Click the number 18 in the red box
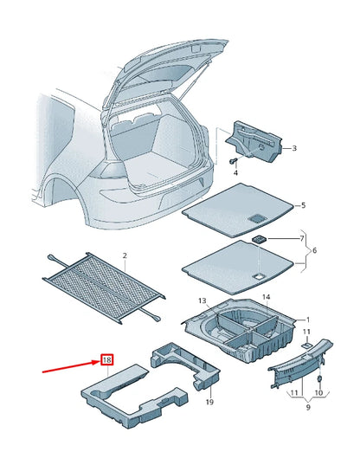click(x=106, y=360)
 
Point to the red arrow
click(x=71, y=366)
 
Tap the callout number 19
click(x=209, y=402)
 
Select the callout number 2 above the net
click(x=125, y=255)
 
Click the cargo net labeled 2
click(x=104, y=288)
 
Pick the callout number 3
click(x=294, y=148)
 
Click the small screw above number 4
click(x=233, y=160)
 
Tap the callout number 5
click(x=303, y=205)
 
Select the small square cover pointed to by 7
click(x=260, y=239)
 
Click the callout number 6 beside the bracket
click(x=314, y=250)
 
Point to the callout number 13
click(x=202, y=300)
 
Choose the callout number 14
click(x=267, y=297)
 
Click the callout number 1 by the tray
click(x=308, y=320)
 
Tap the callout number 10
click(x=318, y=393)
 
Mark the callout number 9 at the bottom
click(x=308, y=407)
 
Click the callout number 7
click(x=302, y=238)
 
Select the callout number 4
click(x=235, y=173)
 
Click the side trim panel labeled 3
click(x=254, y=141)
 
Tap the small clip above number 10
click(x=319, y=378)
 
